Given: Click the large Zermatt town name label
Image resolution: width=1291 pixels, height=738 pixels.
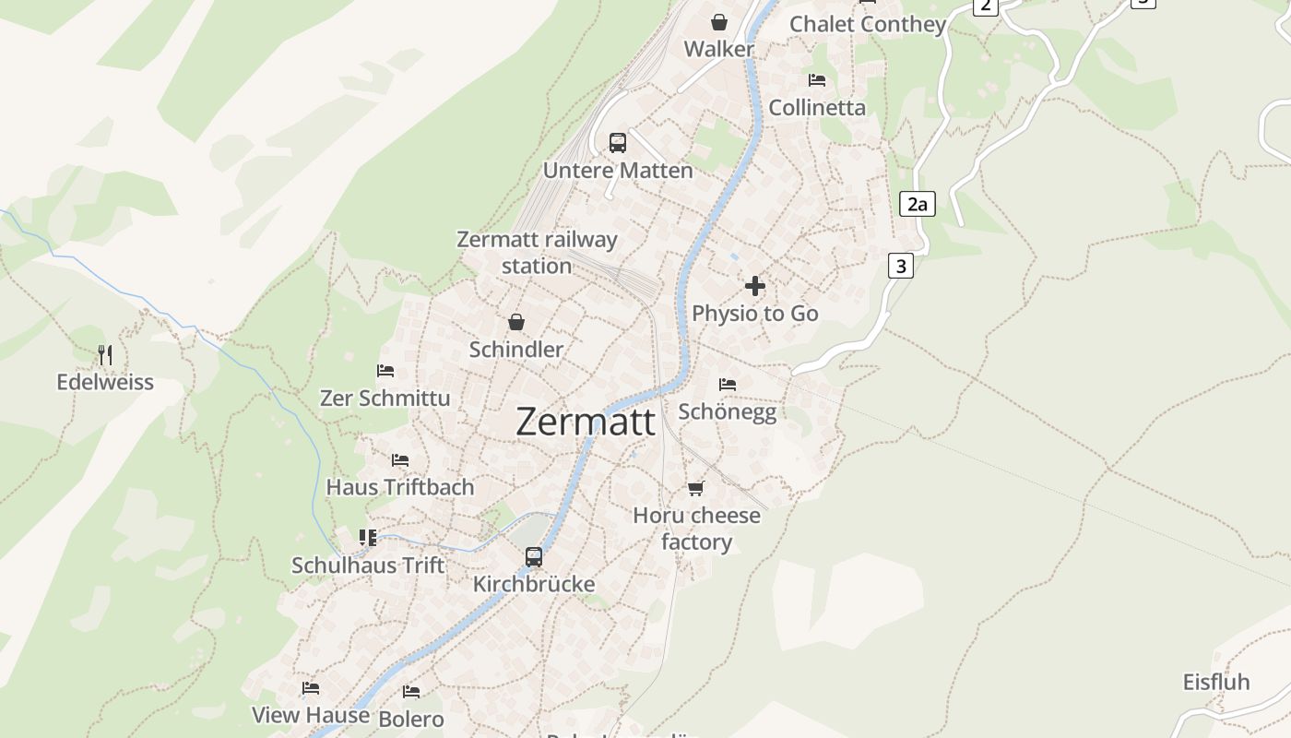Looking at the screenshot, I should [586, 422].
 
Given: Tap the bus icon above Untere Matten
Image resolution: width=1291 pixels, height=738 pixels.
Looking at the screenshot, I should [618, 143].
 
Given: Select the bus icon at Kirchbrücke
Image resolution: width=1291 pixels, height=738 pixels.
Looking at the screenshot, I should [534, 556].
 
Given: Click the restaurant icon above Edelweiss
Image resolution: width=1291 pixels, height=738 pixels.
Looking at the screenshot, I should [105, 354].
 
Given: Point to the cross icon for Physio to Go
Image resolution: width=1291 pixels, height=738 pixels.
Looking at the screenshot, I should [755, 286].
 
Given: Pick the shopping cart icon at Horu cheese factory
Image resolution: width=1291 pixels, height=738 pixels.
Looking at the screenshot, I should [696, 488].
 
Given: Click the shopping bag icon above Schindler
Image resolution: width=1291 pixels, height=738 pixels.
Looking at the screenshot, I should [516, 322].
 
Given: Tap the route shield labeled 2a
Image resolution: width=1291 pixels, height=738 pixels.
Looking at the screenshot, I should [917, 204].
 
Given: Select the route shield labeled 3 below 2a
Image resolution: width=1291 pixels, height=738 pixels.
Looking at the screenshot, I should [900, 267].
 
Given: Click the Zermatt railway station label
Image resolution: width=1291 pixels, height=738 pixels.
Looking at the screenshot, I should [537, 252].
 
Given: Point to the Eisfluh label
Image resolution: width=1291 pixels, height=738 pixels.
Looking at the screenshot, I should [1216, 682].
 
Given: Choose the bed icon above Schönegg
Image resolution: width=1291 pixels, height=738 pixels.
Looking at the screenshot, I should [728, 385].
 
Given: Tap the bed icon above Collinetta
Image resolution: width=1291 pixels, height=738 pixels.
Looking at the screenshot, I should [817, 80].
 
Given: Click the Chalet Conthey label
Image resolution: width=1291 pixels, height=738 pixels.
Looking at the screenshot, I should [868, 24].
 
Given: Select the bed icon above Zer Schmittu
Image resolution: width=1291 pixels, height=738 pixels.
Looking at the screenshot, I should [385, 371].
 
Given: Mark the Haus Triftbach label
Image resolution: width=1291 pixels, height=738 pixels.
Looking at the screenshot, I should [400, 486].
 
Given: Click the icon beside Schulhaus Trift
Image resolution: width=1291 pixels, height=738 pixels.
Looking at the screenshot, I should [368, 537].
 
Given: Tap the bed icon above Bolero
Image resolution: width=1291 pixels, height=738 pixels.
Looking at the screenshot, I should [411, 691].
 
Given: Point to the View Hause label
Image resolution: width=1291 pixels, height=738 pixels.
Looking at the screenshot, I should [311, 714].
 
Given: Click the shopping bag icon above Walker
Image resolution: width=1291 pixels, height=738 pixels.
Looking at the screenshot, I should [719, 22].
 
